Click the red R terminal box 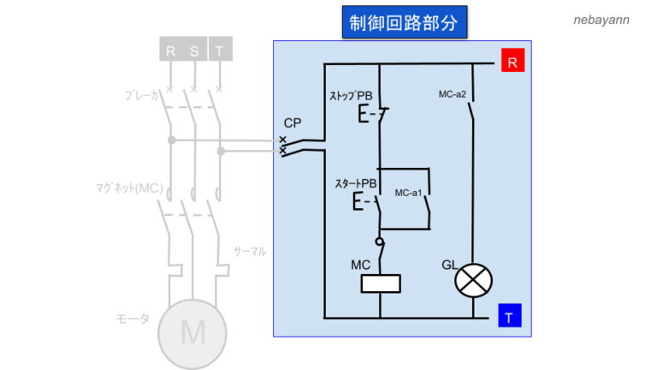(512, 62)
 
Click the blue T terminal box (509, 317)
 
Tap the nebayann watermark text (601, 19)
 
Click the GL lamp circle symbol (473, 280)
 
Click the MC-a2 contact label (451, 94)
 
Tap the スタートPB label (356, 183)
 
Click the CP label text (293, 124)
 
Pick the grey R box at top (170, 51)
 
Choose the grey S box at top (195, 51)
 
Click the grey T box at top (220, 51)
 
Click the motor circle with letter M (192, 330)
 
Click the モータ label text (133, 319)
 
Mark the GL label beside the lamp (449, 264)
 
